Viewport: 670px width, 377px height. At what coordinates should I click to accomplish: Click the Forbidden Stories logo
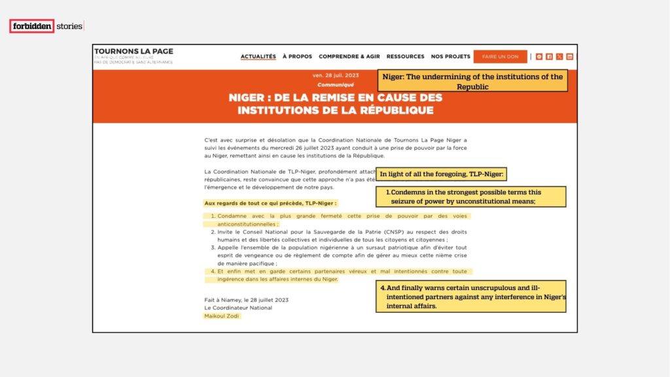point(46,26)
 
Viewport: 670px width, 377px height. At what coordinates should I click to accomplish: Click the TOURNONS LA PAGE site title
point(133,52)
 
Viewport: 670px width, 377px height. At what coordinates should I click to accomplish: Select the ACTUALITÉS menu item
point(258,56)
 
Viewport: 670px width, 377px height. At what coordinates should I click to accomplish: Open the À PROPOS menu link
point(297,56)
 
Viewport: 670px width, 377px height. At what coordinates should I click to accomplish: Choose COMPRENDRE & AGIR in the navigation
point(349,56)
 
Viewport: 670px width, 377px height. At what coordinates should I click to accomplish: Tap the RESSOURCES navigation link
point(405,56)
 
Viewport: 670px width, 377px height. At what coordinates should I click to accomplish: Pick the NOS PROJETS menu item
point(450,56)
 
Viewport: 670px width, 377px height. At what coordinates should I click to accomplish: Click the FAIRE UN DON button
point(500,56)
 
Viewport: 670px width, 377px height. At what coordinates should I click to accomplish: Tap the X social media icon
point(559,56)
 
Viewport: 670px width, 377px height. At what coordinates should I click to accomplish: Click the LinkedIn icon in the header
point(570,56)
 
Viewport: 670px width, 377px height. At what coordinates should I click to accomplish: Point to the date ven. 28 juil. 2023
point(335,76)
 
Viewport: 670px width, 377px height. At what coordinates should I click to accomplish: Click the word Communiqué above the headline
point(335,85)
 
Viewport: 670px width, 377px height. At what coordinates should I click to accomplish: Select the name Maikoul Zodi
point(222,316)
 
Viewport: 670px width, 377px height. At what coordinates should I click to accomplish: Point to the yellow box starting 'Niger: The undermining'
point(472,81)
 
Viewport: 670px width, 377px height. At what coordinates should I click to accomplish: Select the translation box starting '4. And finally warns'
point(471,296)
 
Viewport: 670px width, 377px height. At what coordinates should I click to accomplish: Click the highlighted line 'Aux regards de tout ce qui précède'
point(270,203)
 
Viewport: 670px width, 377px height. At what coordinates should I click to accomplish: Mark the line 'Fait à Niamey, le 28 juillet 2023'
point(246,300)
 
